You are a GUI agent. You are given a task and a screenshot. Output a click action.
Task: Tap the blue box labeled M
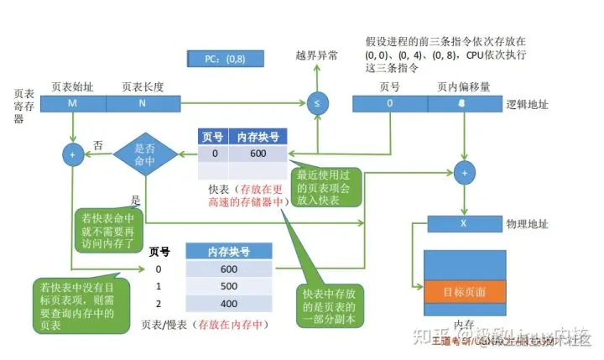coord(73,103)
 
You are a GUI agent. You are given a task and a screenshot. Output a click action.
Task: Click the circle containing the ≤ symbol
coord(317,103)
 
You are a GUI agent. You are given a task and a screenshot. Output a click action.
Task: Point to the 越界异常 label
coord(317,55)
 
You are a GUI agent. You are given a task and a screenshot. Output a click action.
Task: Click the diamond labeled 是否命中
coord(145,154)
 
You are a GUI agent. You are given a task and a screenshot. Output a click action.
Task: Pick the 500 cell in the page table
coord(228,286)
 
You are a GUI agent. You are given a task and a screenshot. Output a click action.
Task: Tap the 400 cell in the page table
coord(228,303)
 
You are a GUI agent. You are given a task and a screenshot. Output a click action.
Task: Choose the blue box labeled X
coord(464,224)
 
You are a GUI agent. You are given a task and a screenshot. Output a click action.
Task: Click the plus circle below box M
coord(73,154)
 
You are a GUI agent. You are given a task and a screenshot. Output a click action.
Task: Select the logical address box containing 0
coord(389,103)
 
